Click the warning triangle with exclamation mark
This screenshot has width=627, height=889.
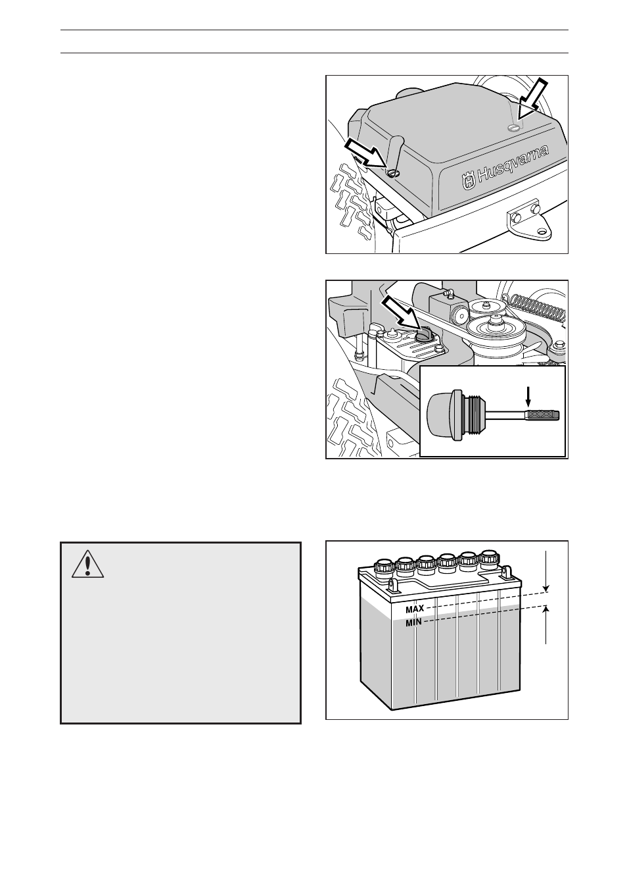click(88, 563)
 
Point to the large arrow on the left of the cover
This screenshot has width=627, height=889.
click(363, 153)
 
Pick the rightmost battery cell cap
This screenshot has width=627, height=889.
click(488, 557)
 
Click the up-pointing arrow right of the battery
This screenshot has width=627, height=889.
click(546, 626)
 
